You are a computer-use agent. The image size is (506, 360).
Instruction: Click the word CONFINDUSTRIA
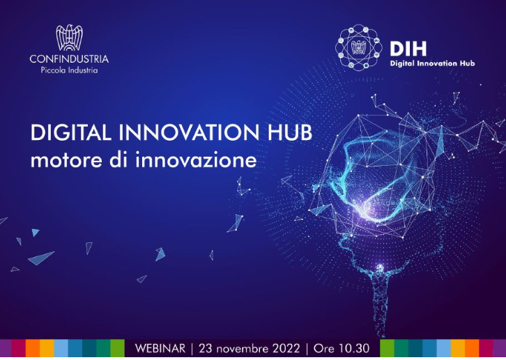coord(69,59)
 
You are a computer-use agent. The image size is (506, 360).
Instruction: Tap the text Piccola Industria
coord(69,70)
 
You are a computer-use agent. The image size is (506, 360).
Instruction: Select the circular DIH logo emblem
coord(360,48)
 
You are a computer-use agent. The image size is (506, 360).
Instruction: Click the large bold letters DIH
coord(408,49)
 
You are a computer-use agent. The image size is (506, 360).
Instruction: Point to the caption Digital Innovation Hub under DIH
coord(432,63)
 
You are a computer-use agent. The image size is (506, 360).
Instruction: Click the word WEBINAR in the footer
coord(159,347)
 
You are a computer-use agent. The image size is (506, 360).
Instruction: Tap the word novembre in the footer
coord(243,347)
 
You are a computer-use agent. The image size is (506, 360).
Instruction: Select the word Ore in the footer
coord(325,347)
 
